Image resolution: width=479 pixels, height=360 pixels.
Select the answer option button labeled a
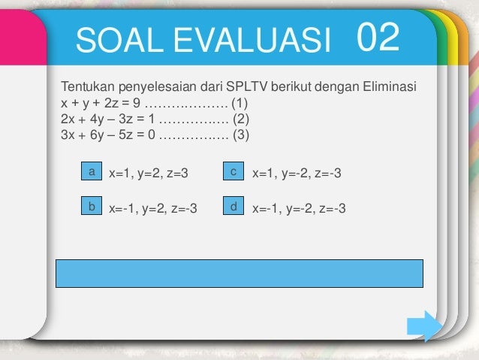pos(92,172)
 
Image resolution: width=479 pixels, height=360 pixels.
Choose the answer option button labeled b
pos(92,205)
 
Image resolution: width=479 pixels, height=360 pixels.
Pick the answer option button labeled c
pos(234,172)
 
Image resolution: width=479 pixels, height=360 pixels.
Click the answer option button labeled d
pos(234,205)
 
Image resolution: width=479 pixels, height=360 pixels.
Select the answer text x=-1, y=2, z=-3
pos(153,208)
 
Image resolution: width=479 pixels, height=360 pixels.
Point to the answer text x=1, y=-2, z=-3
pos(297,174)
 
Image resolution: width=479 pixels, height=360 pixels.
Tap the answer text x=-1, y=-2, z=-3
pos(299,208)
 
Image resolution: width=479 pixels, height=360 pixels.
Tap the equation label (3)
pos(239,135)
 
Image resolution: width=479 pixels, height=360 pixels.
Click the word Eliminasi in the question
pos(390,87)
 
